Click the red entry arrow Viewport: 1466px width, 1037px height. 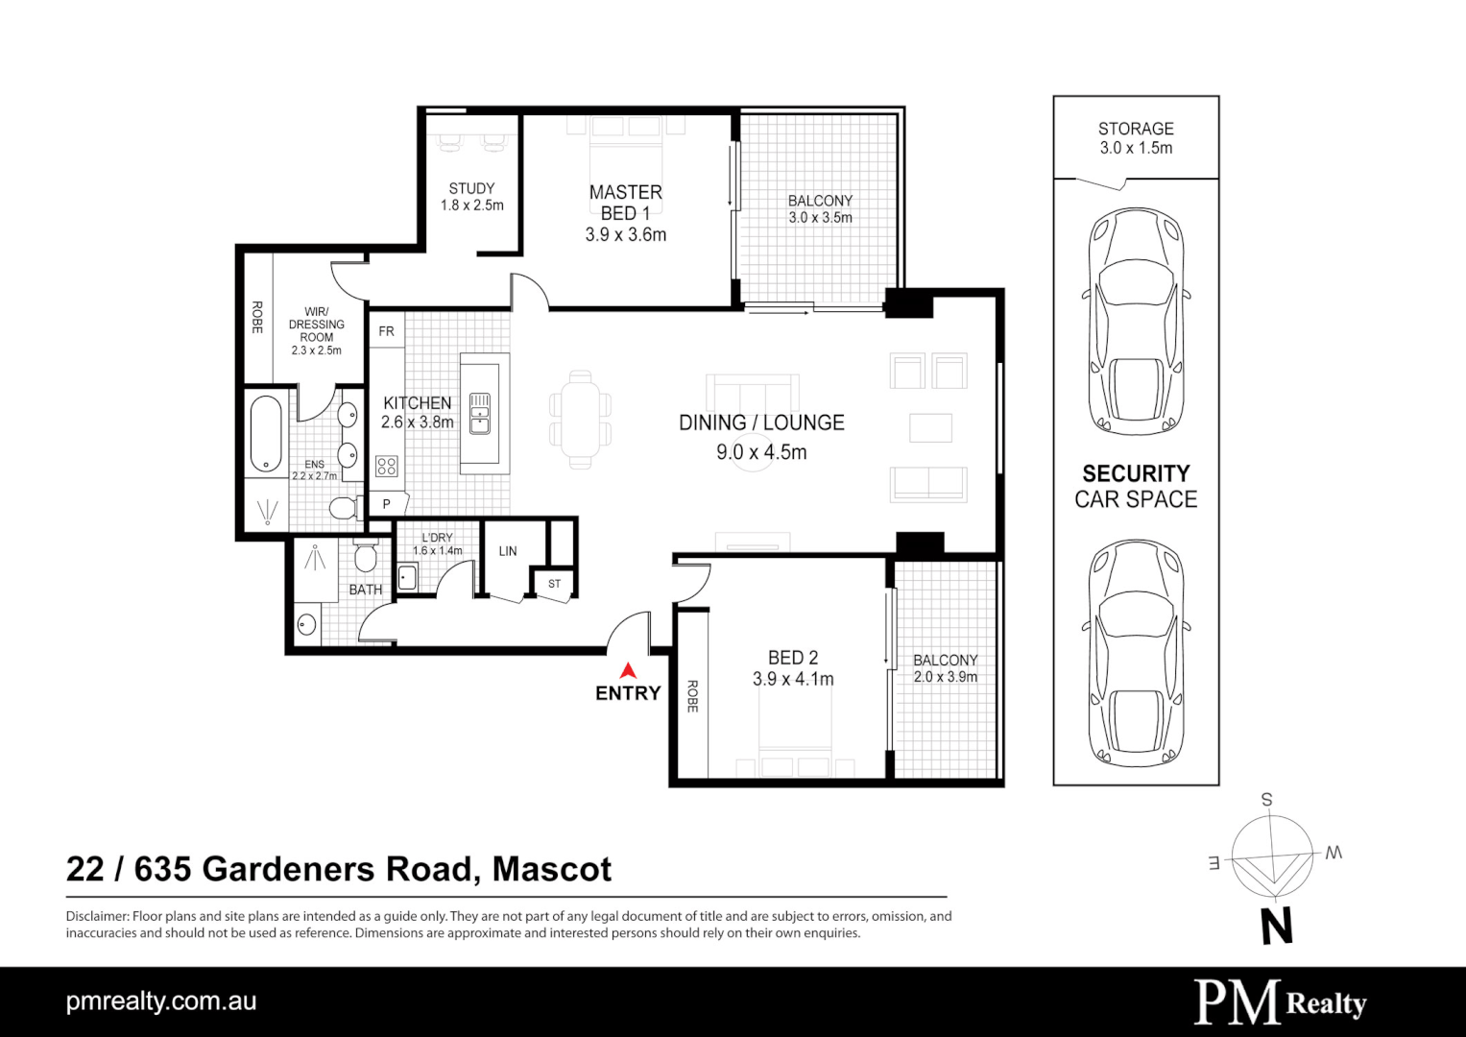(x=628, y=670)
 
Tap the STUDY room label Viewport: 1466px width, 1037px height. (x=471, y=189)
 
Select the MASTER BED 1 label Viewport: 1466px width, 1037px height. (x=625, y=203)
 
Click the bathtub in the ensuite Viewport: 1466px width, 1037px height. (x=266, y=433)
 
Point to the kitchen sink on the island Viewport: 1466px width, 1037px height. (x=479, y=413)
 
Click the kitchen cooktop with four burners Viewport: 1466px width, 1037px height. (x=387, y=467)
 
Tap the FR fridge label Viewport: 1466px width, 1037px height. (x=386, y=331)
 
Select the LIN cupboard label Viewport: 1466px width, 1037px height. (x=508, y=551)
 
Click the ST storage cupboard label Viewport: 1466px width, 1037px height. (x=554, y=584)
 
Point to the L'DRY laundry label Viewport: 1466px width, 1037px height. (x=437, y=538)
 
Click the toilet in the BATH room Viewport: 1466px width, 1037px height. (x=365, y=556)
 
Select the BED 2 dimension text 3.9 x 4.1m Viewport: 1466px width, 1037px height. (x=793, y=680)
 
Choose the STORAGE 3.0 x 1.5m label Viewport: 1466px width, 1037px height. (x=1136, y=138)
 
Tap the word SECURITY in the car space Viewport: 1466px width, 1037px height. (x=1136, y=473)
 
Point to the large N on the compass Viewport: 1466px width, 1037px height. (x=1276, y=927)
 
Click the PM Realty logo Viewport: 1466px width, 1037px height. (x=1279, y=1002)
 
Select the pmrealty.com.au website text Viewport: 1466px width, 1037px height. (x=161, y=1001)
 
